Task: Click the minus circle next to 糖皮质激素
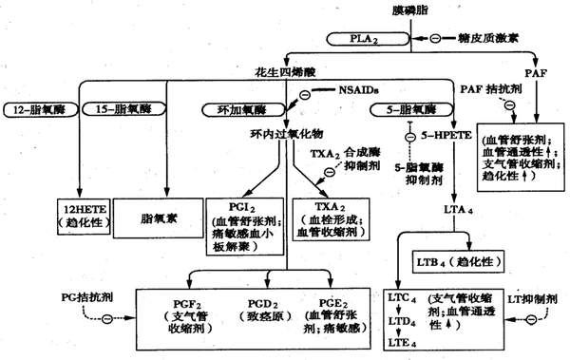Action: point(434,38)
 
